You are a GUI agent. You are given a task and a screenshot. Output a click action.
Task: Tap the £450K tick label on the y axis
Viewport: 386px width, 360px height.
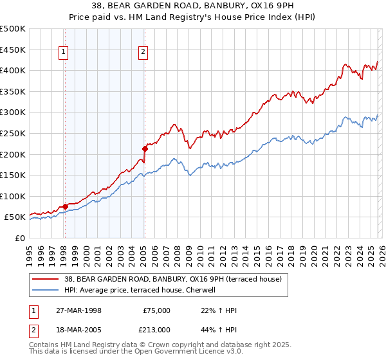pyautogui.click(x=13, y=50)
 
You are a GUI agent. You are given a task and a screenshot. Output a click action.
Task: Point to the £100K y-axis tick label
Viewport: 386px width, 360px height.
pyautogui.click(x=13, y=196)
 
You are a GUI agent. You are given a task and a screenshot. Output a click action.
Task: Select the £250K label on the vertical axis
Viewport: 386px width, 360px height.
pyautogui.click(x=13, y=133)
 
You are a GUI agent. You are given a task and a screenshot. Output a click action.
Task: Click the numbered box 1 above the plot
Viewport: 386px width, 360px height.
pyautogui.click(x=64, y=53)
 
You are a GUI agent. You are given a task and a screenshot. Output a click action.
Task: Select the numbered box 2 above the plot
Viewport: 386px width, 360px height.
pyautogui.click(x=143, y=53)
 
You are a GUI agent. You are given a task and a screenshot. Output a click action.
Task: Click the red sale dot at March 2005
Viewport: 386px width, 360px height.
pyautogui.click(x=144, y=148)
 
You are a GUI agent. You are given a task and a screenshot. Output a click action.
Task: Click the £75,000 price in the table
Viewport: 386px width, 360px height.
pyautogui.click(x=156, y=310)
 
